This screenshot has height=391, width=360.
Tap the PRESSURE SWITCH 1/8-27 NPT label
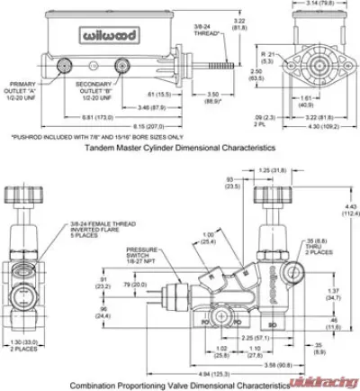[141, 257]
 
